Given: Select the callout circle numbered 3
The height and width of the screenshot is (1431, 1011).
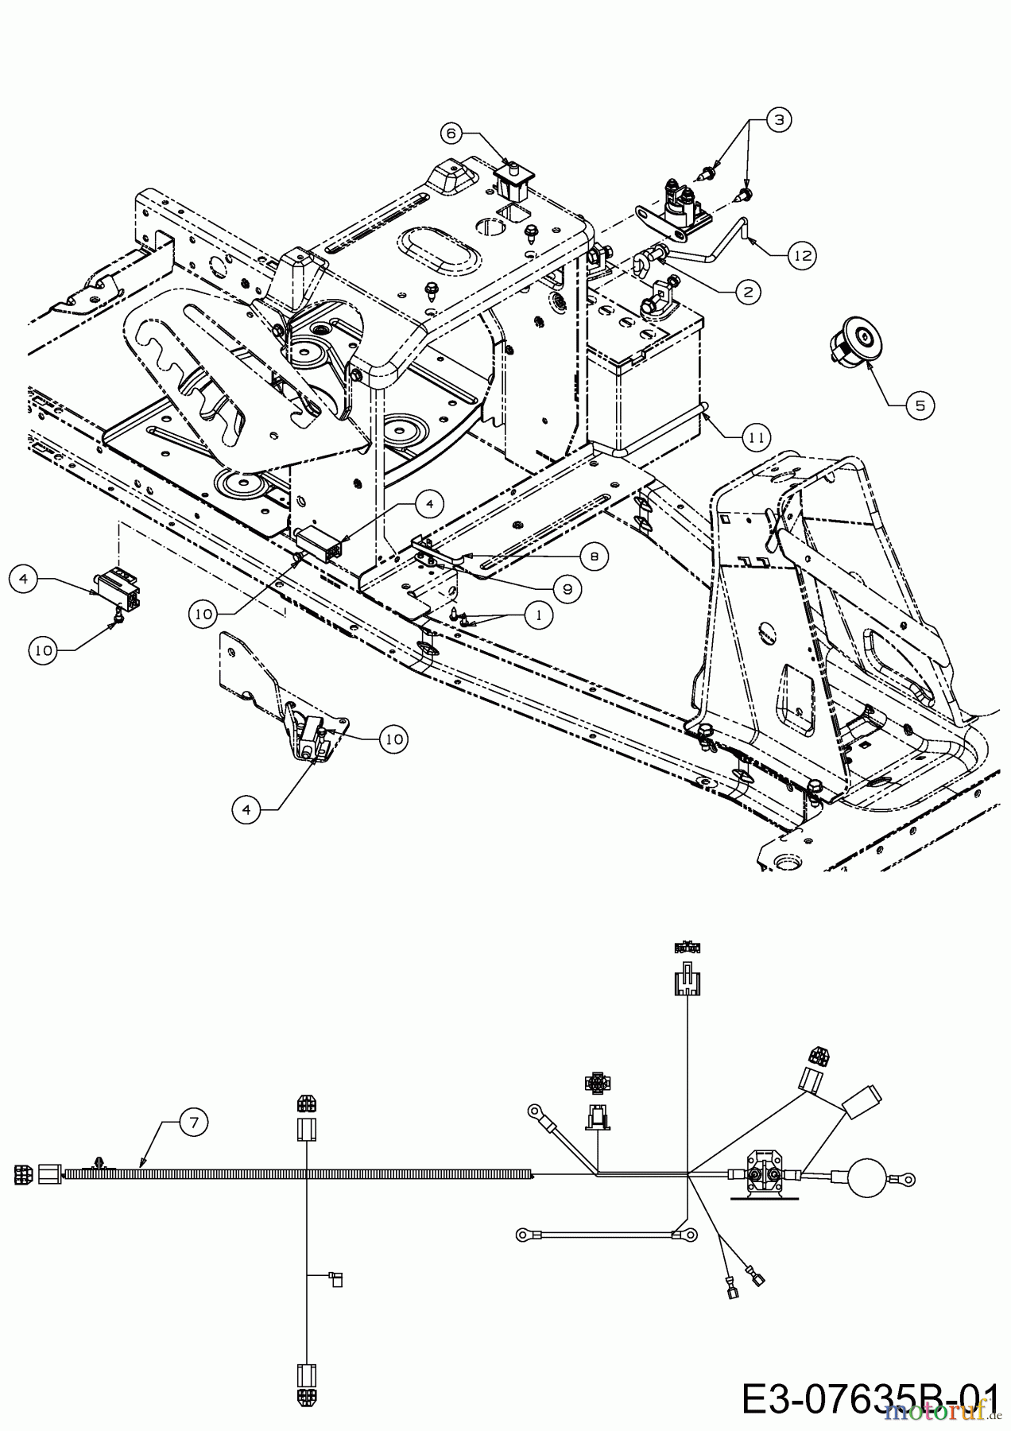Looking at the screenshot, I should tap(779, 120).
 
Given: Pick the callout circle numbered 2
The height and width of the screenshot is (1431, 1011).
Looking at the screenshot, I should tap(746, 292).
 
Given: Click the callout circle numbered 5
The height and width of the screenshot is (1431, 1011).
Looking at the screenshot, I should tap(920, 405).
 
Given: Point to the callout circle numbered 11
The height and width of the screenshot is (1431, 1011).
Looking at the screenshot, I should tap(756, 436).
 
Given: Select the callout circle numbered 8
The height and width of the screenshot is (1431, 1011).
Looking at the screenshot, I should tap(595, 557).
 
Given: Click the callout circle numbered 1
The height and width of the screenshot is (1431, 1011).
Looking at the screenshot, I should tap(540, 615).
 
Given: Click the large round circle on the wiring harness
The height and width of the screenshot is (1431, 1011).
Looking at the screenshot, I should tap(866, 1178).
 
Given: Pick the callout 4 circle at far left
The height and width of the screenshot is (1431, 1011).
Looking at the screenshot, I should tap(24, 580).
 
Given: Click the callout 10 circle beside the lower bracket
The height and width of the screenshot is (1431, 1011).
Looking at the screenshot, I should tap(393, 739).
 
